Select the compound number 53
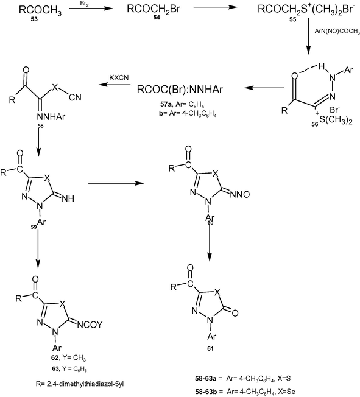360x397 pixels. [x=34, y=19]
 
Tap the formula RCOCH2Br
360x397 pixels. [x=154, y=10]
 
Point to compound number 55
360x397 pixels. [x=292, y=19]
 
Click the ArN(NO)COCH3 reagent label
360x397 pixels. [x=337, y=32]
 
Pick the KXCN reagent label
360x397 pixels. [x=119, y=77]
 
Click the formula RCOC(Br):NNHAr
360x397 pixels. [x=180, y=90]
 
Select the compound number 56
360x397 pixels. [x=315, y=124]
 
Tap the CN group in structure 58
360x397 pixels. [x=75, y=97]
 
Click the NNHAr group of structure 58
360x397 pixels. [x=51, y=117]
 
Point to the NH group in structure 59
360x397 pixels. [x=68, y=198]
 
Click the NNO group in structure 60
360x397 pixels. [x=240, y=194]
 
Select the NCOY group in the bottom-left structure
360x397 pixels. [x=90, y=325]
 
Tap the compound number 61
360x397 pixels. [x=210, y=349]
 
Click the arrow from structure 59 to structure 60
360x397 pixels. [x=116, y=183]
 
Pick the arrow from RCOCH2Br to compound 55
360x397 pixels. [x=216, y=7]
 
